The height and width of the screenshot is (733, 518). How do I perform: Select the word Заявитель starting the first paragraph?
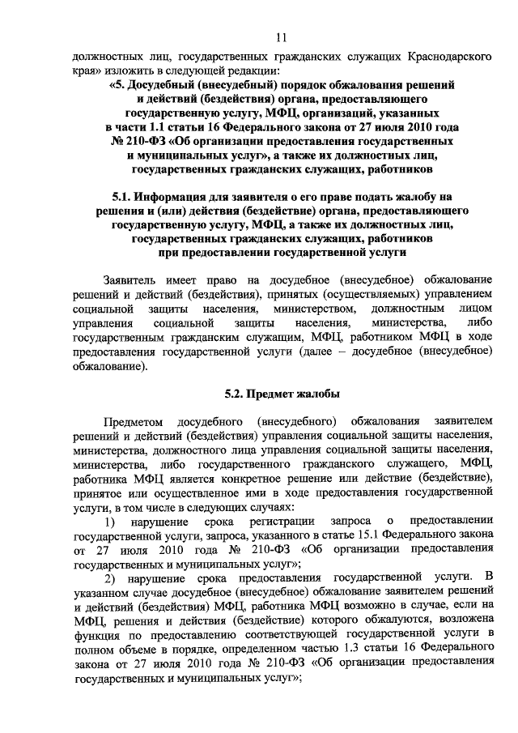point(137,279)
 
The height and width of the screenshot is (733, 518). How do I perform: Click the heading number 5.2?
point(236,394)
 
